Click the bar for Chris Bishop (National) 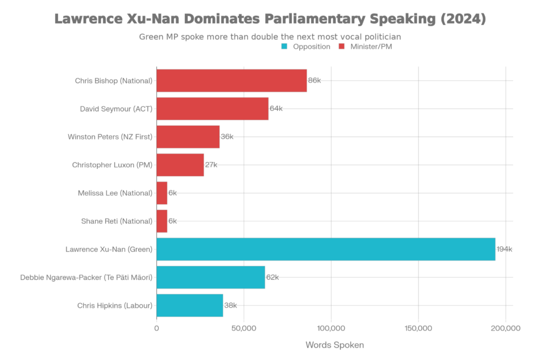point(232,81)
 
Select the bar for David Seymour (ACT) point(212,109)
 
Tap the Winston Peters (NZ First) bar point(188,136)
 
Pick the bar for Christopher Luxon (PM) point(180,165)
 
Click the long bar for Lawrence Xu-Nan point(326,249)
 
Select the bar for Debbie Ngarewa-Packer point(210,278)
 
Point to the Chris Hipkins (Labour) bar point(189,305)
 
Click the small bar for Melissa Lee point(162,193)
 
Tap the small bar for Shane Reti point(162,221)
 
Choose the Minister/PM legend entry point(370,47)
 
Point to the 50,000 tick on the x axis point(243,328)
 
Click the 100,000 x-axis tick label point(331,328)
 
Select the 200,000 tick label point(505,328)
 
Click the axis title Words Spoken point(334,345)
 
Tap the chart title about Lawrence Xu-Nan point(270,19)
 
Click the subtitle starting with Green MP point(270,36)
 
